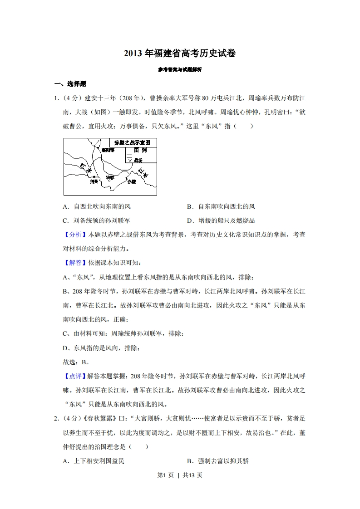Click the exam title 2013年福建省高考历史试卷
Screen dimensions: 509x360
pos(180,54)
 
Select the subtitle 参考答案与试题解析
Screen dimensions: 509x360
pos(180,70)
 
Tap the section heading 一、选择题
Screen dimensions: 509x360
pos(70,83)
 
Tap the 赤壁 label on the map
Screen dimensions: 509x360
pos(131,181)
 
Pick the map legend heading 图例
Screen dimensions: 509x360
pos(140,150)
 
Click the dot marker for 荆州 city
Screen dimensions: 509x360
pos(94,176)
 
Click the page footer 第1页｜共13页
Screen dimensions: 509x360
pos(180,475)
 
